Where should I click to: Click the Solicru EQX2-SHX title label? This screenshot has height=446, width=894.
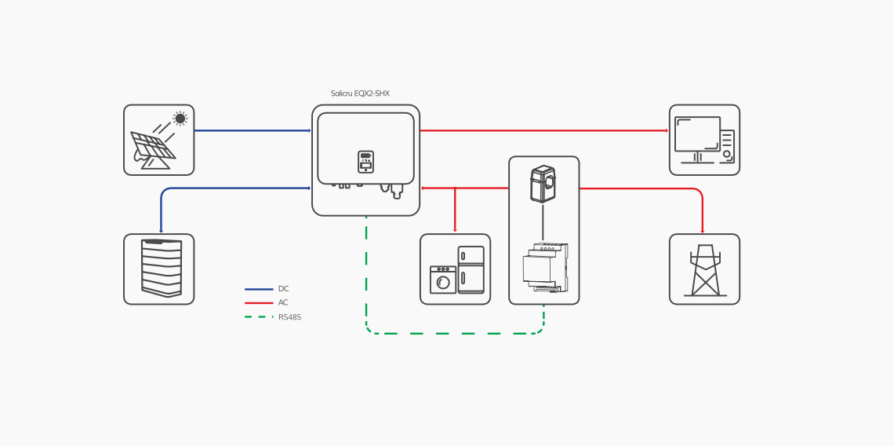(360, 93)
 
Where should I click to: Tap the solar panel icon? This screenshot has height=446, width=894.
(152, 147)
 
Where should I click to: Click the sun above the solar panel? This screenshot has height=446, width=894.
(180, 119)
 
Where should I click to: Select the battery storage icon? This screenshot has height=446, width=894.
(162, 268)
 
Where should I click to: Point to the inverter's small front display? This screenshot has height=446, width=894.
(365, 161)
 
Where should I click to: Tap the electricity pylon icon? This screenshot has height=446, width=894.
(705, 270)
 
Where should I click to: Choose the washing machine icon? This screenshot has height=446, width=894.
(443, 280)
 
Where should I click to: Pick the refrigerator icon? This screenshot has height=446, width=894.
(471, 269)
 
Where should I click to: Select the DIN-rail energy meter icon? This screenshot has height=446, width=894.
(545, 268)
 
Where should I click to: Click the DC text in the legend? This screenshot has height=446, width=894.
(283, 289)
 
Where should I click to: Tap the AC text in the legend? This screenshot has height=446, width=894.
(283, 302)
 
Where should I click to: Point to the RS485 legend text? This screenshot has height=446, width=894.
(289, 317)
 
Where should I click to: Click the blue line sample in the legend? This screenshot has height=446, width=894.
(259, 289)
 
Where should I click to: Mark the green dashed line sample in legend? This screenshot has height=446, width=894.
(259, 317)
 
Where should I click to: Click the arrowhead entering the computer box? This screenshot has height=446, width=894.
(666, 130)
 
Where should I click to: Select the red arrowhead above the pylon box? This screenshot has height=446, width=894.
(702, 231)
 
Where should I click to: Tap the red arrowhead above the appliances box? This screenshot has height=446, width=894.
(455, 230)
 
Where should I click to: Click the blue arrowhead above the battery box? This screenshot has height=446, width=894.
(161, 231)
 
